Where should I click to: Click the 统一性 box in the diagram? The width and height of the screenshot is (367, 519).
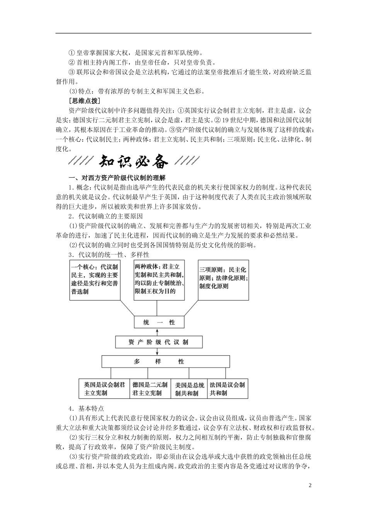click(156, 323)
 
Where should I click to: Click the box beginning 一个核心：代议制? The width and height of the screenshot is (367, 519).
click(95, 280)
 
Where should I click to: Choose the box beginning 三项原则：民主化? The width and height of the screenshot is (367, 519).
click(223, 280)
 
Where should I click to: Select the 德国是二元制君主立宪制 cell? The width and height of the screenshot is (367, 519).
click(150, 389)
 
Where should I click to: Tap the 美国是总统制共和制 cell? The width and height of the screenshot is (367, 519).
click(189, 389)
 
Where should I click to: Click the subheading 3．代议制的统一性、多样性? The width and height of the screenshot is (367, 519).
click(109, 255)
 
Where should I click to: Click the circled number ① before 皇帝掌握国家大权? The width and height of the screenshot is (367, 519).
click(71, 53)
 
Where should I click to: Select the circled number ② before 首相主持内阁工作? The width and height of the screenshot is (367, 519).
click(71, 63)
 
